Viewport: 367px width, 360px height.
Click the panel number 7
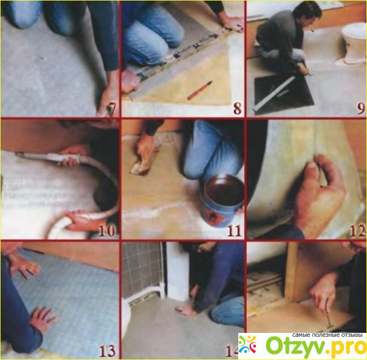[x=112, y=110]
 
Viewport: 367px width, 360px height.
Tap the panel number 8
[x=237, y=109]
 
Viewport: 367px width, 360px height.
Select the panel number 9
[x=361, y=109]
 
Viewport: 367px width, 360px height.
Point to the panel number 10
[x=107, y=231]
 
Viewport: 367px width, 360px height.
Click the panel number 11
[x=234, y=231]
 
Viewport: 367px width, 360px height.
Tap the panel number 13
[x=107, y=351]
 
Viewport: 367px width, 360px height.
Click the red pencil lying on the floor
[x=200, y=90]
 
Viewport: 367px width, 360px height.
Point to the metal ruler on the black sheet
[x=274, y=93]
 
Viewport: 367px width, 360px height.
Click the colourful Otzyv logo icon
[x=248, y=344]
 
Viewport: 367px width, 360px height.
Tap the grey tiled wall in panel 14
[x=142, y=269]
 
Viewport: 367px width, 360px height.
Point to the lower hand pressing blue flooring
[x=44, y=320]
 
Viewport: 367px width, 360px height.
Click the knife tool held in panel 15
[x=327, y=316]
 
